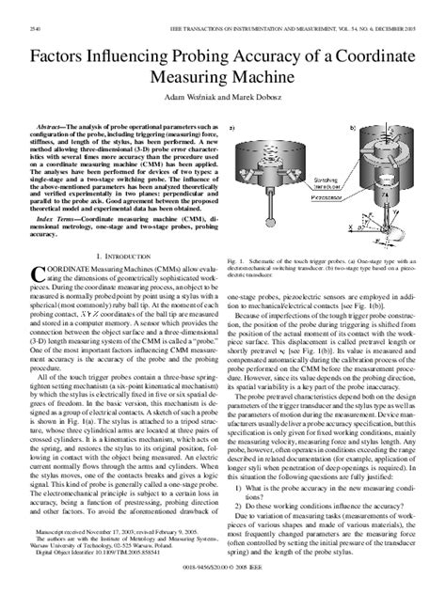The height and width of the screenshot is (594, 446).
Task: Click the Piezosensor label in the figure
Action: coord(326,198)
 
